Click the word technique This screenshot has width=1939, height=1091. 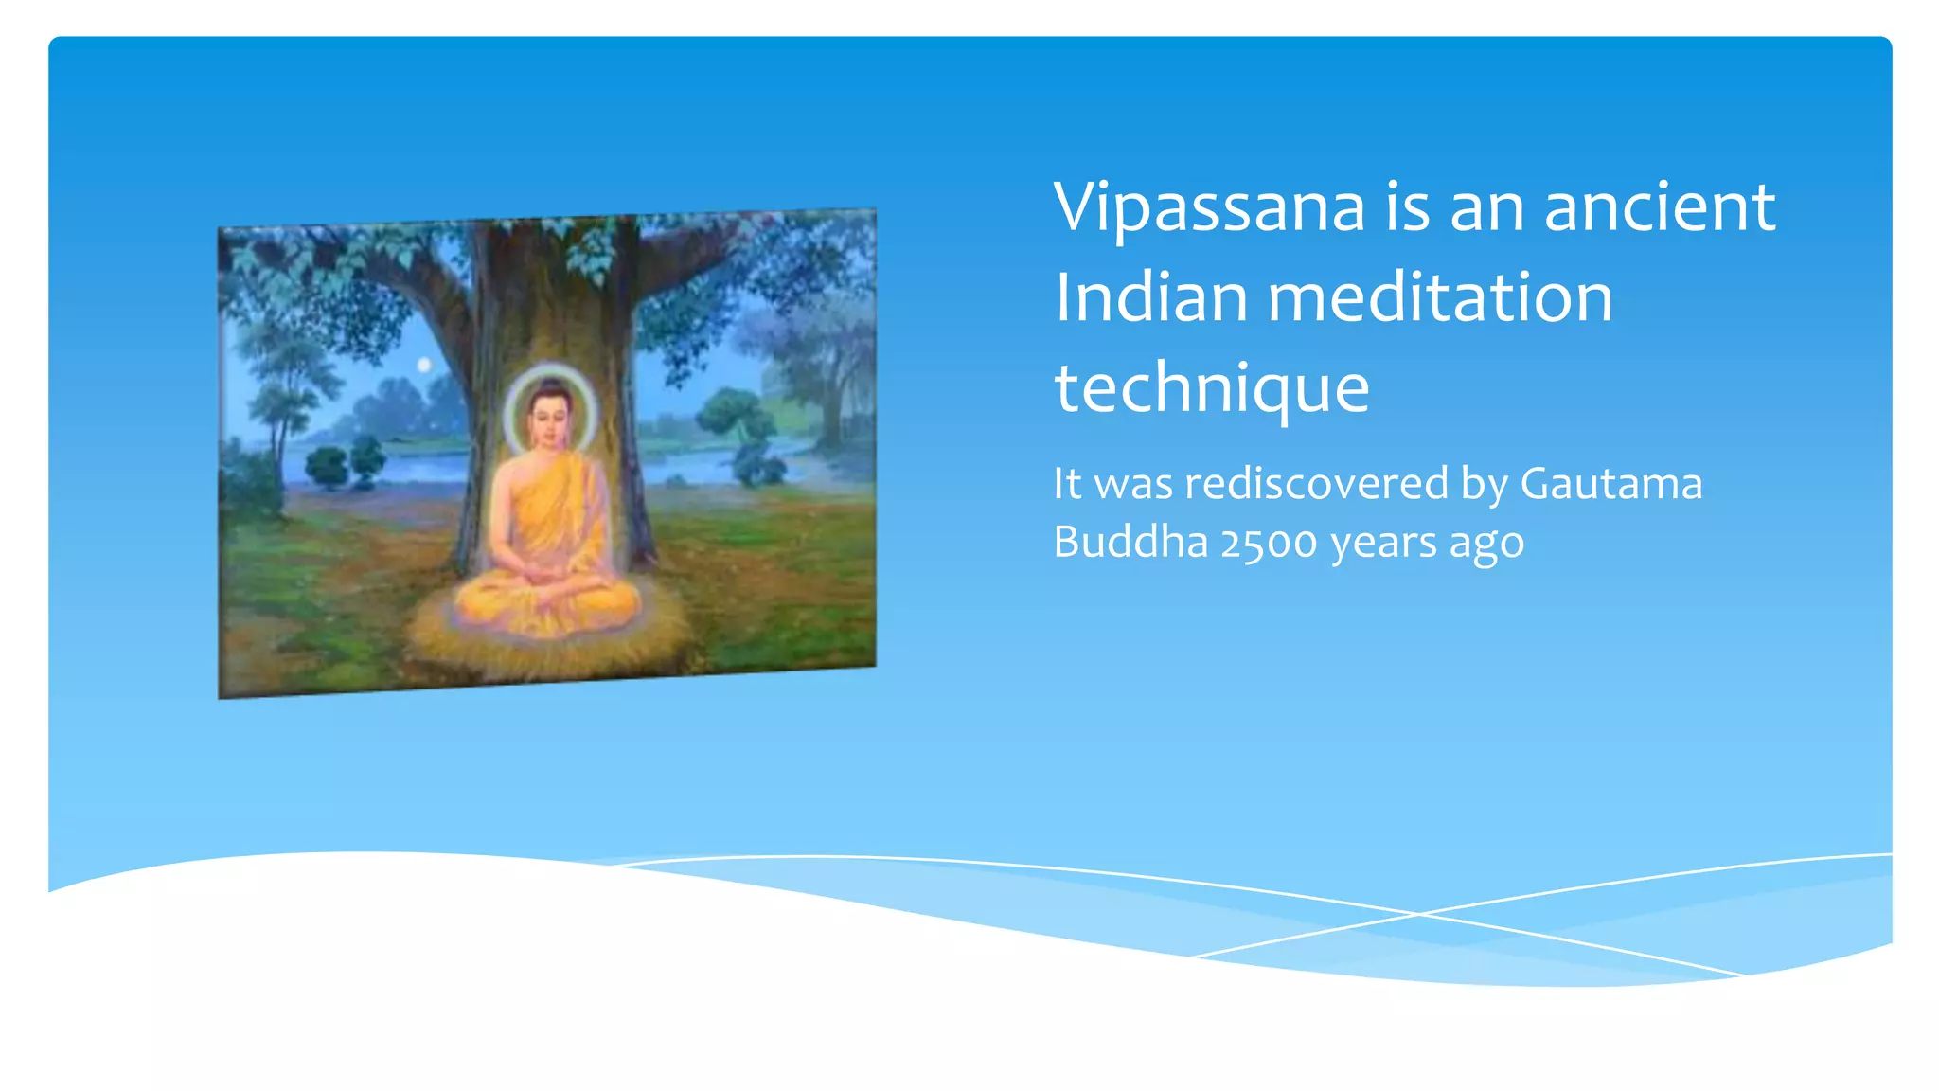[x=1212, y=389]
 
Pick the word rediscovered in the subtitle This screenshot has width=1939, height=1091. [x=1316, y=484]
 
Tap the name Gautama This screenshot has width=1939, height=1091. [x=1610, y=484]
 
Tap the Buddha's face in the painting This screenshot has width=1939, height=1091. [x=548, y=418]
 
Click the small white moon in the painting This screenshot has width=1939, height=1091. [x=424, y=365]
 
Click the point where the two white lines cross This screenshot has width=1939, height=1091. [x=1417, y=913]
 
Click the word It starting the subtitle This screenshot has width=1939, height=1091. [x=1067, y=484]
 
